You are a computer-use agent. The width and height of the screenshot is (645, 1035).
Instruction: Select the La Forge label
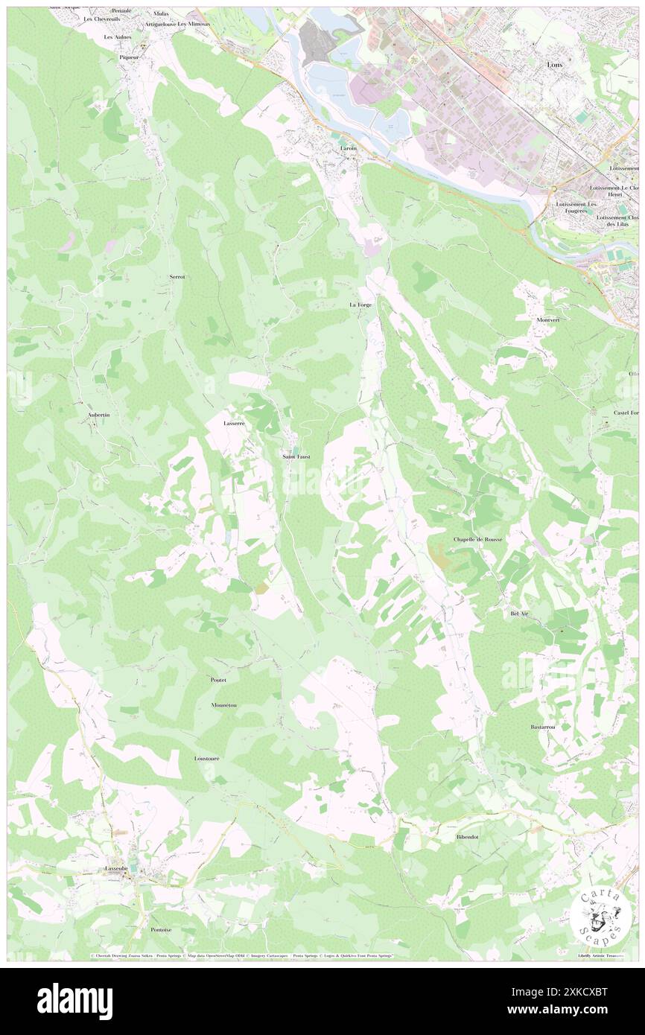(360, 305)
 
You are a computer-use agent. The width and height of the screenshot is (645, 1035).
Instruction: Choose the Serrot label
(177, 276)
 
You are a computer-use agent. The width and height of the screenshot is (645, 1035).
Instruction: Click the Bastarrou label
(543, 727)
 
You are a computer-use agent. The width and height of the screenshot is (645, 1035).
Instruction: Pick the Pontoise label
(161, 929)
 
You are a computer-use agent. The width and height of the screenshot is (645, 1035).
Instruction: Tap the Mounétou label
(223, 704)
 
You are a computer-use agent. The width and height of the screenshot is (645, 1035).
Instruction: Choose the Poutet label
(218, 680)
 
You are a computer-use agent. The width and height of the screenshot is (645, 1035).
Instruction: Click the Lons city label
(555, 65)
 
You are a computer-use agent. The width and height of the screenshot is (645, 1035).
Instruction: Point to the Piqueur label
(129, 57)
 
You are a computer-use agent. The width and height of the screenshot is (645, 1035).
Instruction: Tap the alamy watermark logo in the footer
(74, 1001)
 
